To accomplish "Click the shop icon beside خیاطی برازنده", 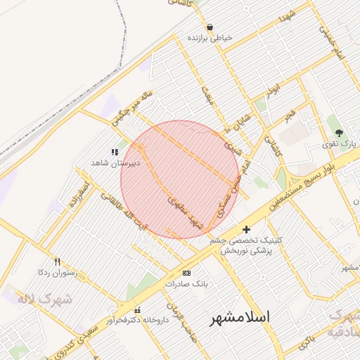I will coord(210,27).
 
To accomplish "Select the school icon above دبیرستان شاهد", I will coord(115,152).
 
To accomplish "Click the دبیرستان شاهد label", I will coord(115,162).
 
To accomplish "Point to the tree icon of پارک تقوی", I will coord(340,132).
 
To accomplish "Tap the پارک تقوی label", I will coord(340,143).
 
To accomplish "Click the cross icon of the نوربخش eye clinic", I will coord(246,229).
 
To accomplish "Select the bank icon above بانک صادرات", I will coord(186,273).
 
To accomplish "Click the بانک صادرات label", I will coord(184,284).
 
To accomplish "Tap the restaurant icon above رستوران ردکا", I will coord(58,261).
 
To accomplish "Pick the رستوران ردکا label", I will coord(57,271).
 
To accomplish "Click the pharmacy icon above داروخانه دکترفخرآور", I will coord(137,310).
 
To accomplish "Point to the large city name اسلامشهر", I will coord(240,318).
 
